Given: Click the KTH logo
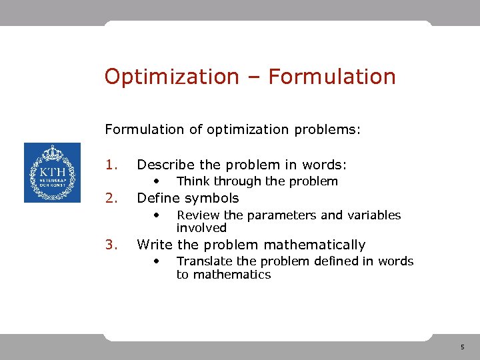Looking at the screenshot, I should [52, 173].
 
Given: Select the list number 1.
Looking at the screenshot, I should [111, 165].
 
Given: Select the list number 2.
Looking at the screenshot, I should [111, 198].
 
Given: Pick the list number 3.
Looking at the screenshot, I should [111, 245].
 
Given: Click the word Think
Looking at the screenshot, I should [192, 181].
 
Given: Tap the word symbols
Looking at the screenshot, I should [211, 198].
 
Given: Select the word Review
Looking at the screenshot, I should [199, 215].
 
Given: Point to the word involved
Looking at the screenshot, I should [201, 228].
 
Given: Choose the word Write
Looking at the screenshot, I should [154, 245].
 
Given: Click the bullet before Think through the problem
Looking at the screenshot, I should [156, 181].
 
